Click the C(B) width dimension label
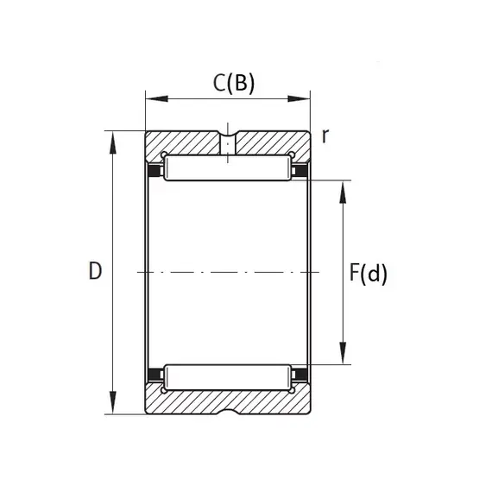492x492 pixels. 234,84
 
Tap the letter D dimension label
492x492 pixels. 96,270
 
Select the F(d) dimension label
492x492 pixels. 369,274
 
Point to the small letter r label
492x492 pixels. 325,136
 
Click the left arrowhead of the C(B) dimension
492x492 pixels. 157,99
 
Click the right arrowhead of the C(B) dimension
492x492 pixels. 299,99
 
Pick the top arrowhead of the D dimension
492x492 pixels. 113,142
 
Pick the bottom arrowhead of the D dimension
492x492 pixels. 113,403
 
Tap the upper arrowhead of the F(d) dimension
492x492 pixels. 343,192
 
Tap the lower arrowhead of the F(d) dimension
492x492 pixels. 343,353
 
